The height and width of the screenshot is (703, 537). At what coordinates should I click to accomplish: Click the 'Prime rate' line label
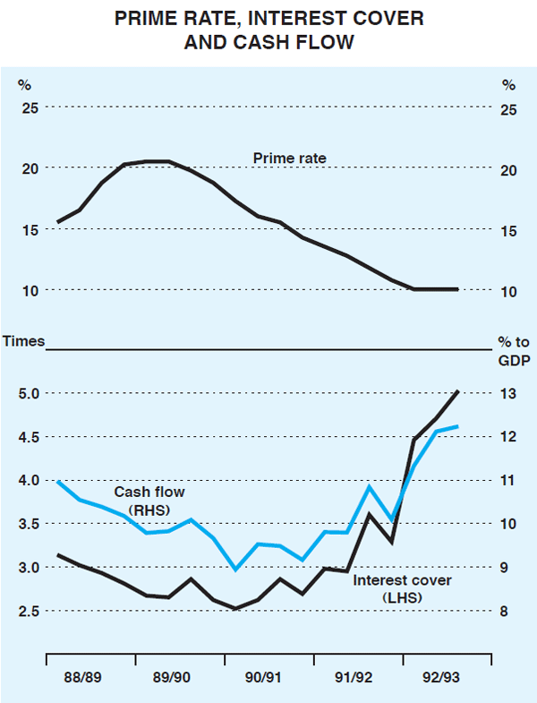[289, 159]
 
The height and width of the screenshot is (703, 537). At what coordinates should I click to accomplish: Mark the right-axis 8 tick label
[505, 611]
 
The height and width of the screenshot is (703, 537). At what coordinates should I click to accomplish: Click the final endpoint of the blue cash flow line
[457, 426]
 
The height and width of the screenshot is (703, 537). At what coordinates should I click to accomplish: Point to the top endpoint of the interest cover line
[457, 391]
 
